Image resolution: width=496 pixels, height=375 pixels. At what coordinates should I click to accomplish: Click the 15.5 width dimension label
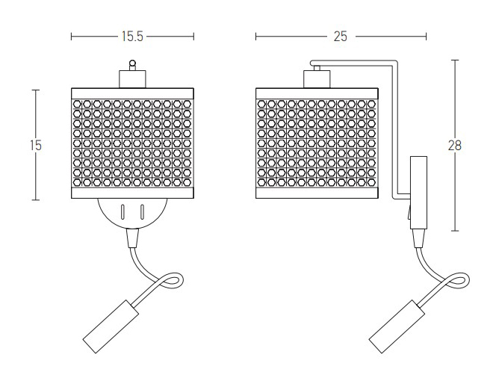[x=132, y=37]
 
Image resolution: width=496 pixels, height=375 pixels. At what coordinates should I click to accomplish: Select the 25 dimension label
[x=340, y=37]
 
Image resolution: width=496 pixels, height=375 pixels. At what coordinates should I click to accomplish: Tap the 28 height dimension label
[x=455, y=146]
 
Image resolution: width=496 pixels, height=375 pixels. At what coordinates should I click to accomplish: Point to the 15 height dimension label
[x=36, y=146]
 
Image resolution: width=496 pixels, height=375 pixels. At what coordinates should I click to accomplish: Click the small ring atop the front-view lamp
[x=133, y=63]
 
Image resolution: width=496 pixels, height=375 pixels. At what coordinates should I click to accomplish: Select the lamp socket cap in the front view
[x=132, y=78]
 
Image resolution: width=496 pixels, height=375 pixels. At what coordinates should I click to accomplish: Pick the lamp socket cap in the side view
[x=317, y=78]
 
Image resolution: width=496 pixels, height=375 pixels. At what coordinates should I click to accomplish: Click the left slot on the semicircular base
[x=123, y=211]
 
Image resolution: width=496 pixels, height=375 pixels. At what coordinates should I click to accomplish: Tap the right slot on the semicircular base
[x=142, y=211]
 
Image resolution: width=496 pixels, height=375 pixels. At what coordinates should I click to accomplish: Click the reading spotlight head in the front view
[x=111, y=326]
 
